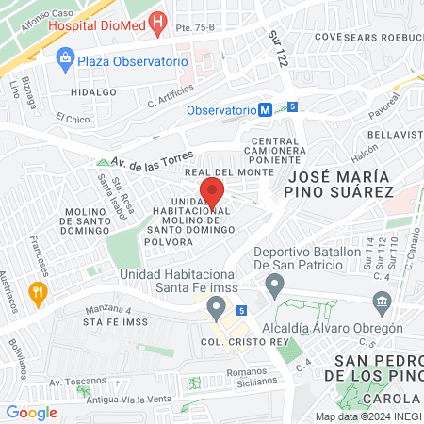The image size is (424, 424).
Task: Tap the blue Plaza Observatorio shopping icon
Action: click(x=65, y=60)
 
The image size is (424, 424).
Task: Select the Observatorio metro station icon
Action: click(x=266, y=109)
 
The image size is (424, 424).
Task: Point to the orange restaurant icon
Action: click(x=38, y=292)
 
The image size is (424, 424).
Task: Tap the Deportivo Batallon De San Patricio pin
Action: click(x=274, y=284)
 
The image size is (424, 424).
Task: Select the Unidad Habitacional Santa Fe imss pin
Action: click(x=217, y=307)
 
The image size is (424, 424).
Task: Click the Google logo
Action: click(x=31, y=412)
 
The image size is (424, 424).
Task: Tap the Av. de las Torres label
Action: click(x=152, y=160)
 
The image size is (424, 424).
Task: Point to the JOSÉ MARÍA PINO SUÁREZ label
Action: click(x=339, y=184)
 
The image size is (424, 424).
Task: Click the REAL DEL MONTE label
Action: click(x=221, y=173)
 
